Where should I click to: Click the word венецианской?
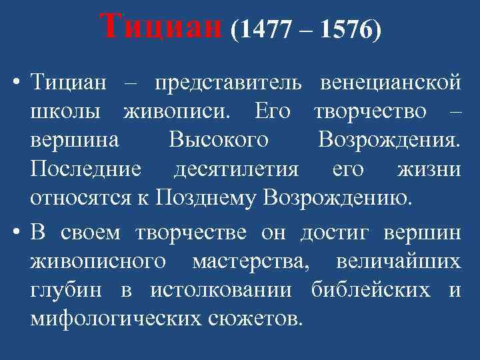coord(390,85)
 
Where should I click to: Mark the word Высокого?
coord(219,141)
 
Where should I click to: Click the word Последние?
coord(85,169)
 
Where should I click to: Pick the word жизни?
coord(429,169)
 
